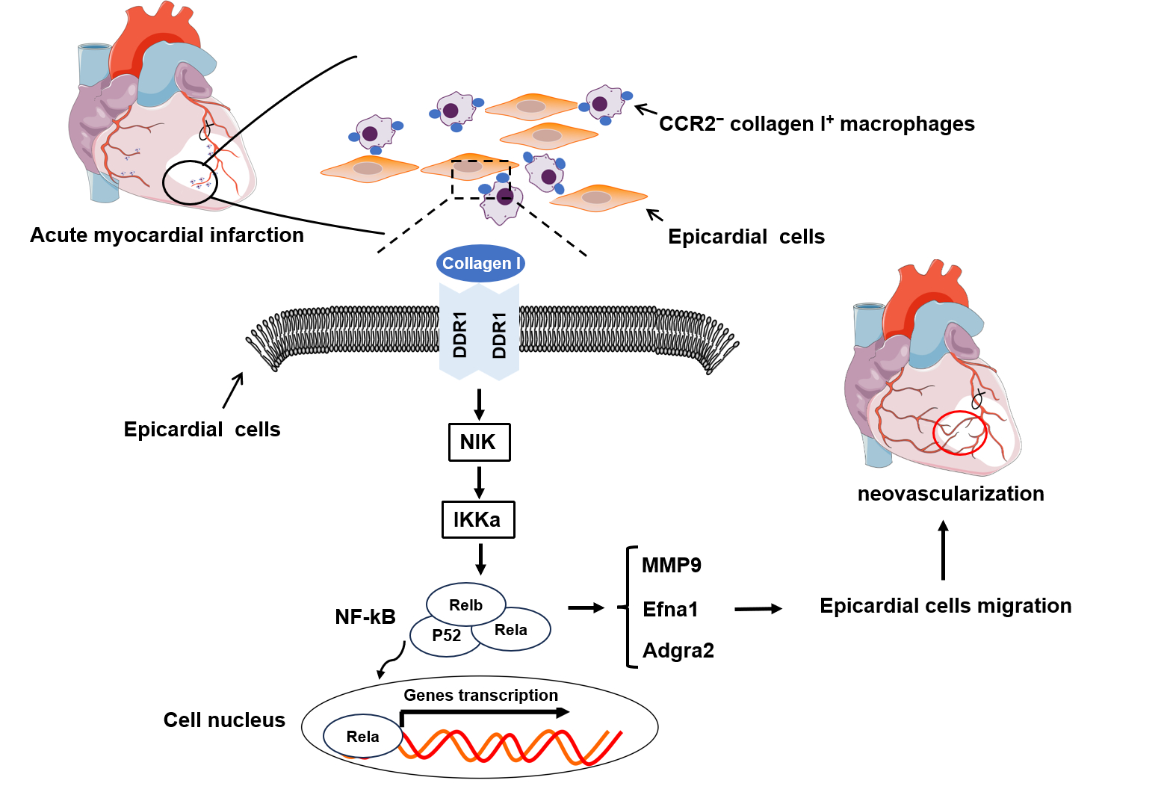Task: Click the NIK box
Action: tap(479, 442)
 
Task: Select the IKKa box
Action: tap(478, 519)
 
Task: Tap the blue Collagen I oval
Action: tap(481, 263)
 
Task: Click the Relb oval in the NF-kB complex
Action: tap(465, 604)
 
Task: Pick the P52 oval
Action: tap(445, 637)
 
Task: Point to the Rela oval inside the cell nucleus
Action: tap(362, 737)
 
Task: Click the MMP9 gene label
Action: tap(672, 566)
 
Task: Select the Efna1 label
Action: tap(670, 610)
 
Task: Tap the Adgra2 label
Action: tap(678, 651)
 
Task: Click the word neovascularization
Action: tap(950, 494)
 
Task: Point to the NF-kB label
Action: tap(365, 617)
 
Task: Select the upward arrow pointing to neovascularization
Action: tap(943, 550)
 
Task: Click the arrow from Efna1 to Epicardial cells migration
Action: tap(758, 609)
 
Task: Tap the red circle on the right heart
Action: tap(960, 433)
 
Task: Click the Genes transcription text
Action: tap(480, 696)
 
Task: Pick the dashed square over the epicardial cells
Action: tap(480, 179)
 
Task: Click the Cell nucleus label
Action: tap(224, 720)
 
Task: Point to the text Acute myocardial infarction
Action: tap(167, 235)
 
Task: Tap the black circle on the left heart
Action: tap(190, 182)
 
